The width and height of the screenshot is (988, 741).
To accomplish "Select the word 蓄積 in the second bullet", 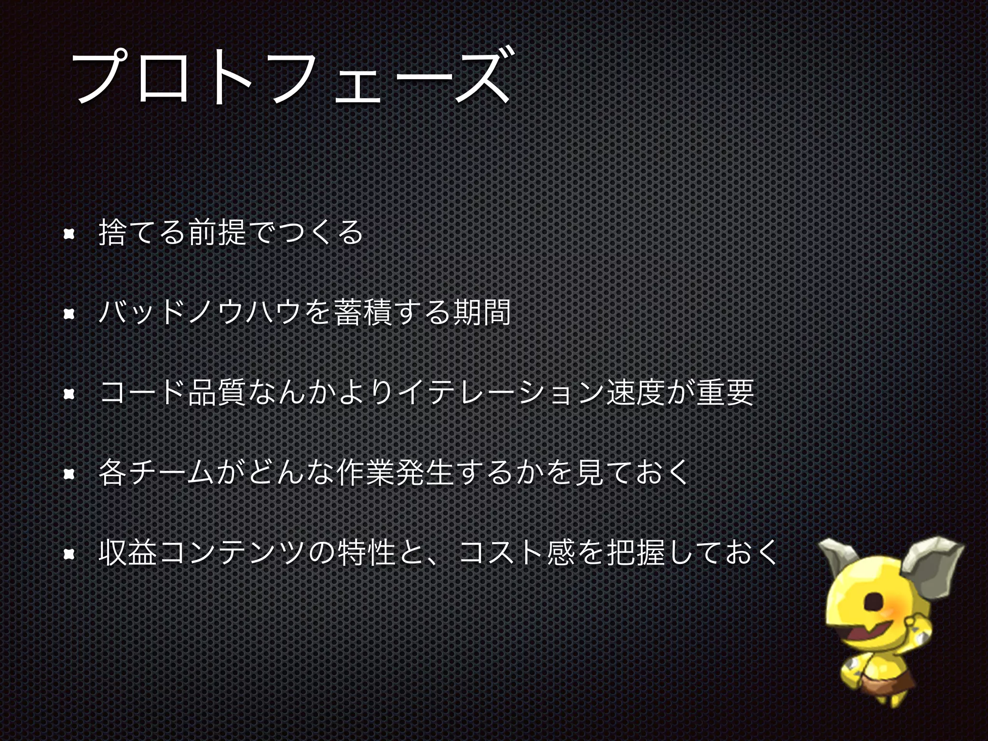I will point(362,313).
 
